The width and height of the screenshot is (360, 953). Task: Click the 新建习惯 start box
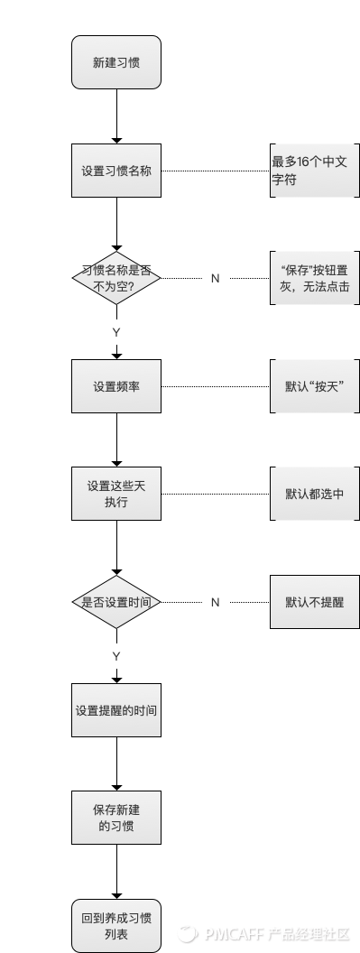pos(116,62)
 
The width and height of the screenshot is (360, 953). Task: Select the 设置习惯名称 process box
pos(116,170)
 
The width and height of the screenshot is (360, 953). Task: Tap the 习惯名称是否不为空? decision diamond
pos(116,278)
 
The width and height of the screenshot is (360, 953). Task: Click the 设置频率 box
pos(116,386)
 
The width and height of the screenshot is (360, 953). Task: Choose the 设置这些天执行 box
pos(116,494)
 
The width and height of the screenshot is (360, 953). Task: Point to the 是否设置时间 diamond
pos(116,602)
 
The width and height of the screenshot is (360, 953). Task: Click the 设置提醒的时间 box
pos(116,710)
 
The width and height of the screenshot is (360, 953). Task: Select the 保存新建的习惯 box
pos(116,818)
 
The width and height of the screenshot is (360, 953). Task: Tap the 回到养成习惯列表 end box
pos(116,926)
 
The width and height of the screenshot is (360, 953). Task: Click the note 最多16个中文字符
pos(314,170)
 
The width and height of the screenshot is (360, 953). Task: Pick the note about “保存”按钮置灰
pos(314,278)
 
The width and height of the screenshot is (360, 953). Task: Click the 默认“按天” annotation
pos(314,386)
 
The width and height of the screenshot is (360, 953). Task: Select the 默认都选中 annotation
pos(314,494)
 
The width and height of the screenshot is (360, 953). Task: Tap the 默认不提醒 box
pos(314,602)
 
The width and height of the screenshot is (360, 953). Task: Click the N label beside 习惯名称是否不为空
pos(215,278)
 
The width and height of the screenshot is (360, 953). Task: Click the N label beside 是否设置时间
pos(215,602)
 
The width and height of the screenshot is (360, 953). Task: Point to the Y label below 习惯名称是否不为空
pos(116,332)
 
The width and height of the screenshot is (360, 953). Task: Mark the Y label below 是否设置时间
pos(116,655)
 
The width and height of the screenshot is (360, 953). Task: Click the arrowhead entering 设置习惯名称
pos(116,140)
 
